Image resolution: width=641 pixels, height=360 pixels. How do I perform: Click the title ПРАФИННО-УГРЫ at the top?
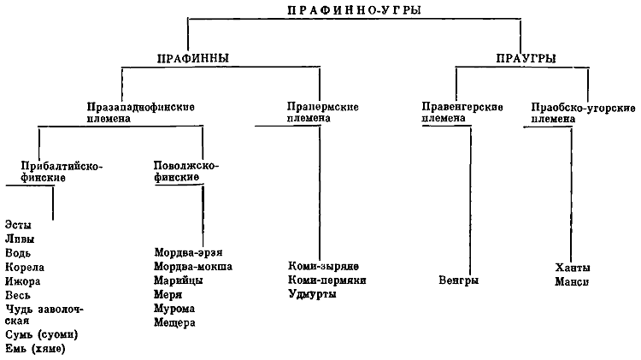coord(354,10)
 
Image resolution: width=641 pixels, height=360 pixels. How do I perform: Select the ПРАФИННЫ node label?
coord(193,58)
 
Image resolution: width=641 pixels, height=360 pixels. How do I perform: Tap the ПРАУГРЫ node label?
coord(526,58)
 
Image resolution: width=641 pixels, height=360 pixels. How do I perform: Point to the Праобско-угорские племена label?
coord(583,113)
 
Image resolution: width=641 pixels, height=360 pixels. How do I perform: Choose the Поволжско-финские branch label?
coord(186,171)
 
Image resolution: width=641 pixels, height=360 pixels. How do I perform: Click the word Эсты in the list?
coord(18,225)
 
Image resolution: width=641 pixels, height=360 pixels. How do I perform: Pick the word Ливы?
coord(20,239)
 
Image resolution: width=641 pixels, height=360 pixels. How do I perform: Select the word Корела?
coord(25,267)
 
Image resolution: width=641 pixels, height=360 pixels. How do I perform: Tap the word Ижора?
coord(22,281)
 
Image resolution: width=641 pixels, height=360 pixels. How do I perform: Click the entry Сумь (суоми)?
coord(41,334)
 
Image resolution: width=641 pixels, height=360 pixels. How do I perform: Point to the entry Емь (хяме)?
coord(35,349)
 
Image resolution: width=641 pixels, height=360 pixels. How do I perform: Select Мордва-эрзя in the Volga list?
coord(188,252)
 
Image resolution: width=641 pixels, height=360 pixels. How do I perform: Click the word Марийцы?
coord(179,280)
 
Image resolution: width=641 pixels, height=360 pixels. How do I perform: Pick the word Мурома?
coord(174,309)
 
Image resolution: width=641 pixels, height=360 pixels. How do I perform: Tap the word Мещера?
coord(174,322)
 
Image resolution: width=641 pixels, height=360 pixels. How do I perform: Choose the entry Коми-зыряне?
coord(323,266)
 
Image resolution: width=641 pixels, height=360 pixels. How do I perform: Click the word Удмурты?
coord(312,294)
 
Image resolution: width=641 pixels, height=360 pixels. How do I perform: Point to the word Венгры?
coord(459,280)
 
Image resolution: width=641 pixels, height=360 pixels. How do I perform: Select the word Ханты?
coord(573,268)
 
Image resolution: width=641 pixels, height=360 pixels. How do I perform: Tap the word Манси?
coord(572,282)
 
